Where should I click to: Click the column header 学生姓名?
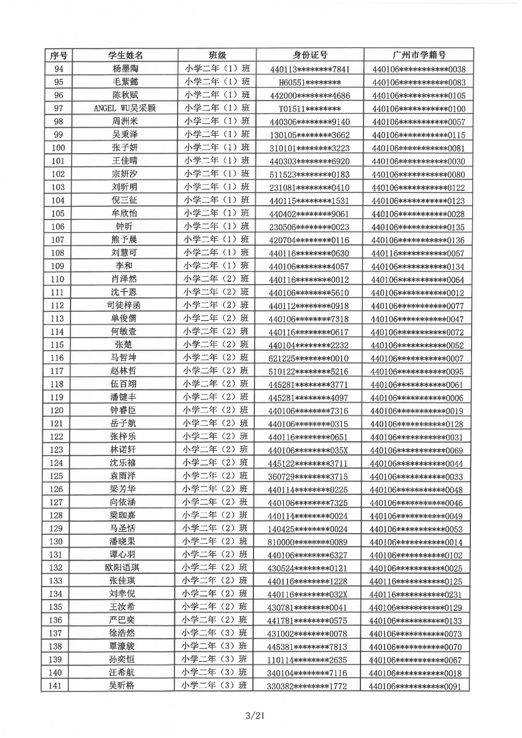coord(126,55)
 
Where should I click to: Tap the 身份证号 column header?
coord(310,55)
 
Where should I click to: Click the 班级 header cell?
coord(217,55)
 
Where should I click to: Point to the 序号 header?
coord(59,56)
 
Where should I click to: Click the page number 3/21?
coord(255,715)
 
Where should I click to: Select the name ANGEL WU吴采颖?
coord(125,108)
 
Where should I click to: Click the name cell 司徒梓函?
coord(124,305)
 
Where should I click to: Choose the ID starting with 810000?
coord(307,542)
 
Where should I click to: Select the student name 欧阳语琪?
coord(123,568)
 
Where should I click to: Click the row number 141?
coord(55,686)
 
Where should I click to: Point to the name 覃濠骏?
coord(122,647)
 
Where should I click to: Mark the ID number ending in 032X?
coord(307,595)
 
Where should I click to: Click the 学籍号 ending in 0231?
coord(415,595)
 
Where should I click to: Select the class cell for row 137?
coord(215,633)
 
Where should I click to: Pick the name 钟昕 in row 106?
coord(124,226)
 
